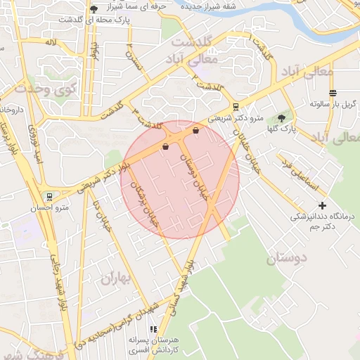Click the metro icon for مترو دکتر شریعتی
(x=235, y=107)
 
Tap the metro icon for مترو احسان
(x=49, y=196)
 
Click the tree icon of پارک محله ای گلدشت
(x=94, y=9)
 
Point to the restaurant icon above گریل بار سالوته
(x=333, y=93)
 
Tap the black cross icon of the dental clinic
(x=323, y=205)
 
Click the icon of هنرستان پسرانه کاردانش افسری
(x=153, y=329)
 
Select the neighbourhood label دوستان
(x=287, y=258)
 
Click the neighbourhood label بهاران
(x=116, y=278)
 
